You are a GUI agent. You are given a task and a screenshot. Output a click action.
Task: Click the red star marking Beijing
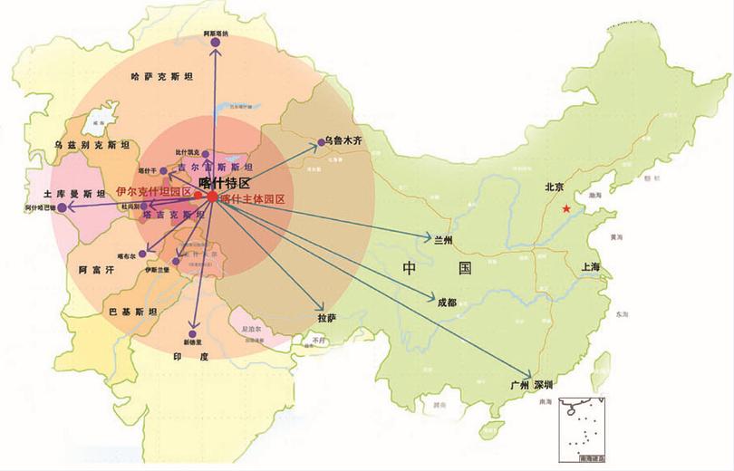pos(566,209)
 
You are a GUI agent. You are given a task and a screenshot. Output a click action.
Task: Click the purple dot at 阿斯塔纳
pos(216,42)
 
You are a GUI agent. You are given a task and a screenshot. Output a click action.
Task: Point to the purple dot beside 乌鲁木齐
pos(319,142)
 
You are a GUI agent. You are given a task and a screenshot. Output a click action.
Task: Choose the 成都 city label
pos(446,302)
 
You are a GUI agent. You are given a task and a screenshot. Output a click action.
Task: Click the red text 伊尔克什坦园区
pos(153,193)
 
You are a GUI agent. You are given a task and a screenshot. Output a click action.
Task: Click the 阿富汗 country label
pos(95,269)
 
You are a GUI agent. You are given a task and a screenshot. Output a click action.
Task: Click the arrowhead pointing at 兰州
pos(430,239)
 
